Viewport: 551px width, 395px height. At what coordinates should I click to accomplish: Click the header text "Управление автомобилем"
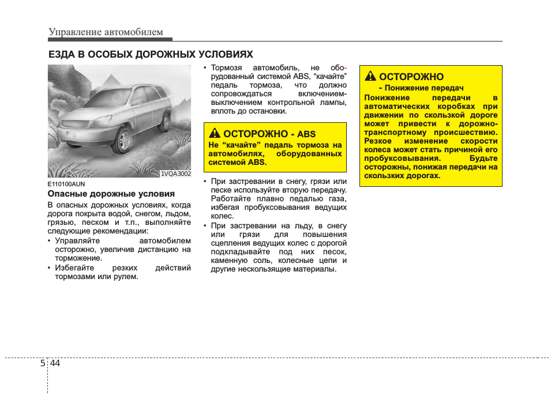point(106,32)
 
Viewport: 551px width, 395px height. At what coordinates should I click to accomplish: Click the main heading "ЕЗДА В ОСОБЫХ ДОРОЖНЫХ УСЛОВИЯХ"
point(151,55)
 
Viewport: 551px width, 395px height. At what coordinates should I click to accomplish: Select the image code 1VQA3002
point(175,173)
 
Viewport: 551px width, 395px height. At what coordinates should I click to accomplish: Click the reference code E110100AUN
point(66,184)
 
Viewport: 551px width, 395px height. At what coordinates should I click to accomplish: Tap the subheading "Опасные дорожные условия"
point(111,194)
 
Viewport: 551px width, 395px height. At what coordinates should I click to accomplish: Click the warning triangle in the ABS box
point(215,134)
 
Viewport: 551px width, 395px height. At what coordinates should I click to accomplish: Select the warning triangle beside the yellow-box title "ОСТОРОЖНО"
point(370,77)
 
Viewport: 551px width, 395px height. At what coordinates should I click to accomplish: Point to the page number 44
point(55,363)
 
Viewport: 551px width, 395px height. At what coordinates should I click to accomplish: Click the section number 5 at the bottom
point(43,363)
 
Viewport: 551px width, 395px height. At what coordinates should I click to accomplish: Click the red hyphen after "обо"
point(345,68)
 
